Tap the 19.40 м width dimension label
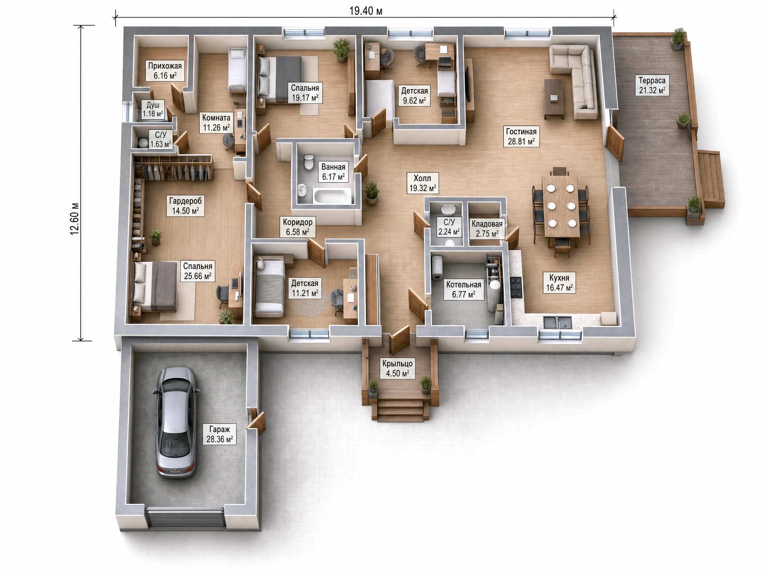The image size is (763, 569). click(x=366, y=11)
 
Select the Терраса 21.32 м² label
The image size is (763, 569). click(x=652, y=85)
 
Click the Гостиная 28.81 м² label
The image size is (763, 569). click(x=521, y=136)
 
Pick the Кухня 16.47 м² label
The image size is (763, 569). click(x=559, y=283)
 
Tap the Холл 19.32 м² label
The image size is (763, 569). click(x=422, y=183)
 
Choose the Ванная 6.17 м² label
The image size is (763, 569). click(x=333, y=172)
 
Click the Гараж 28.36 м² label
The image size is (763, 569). click(x=219, y=434)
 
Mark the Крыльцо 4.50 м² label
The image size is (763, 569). click(x=397, y=368)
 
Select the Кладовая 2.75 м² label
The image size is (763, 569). click(x=487, y=229)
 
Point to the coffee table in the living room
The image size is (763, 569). click(x=554, y=99)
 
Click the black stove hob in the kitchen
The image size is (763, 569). click(x=516, y=287)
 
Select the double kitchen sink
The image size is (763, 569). click(x=558, y=322)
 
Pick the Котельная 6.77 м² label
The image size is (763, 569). click(x=464, y=290)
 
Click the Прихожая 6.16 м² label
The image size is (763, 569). click(x=165, y=70)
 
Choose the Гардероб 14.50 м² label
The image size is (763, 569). click(x=186, y=206)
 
